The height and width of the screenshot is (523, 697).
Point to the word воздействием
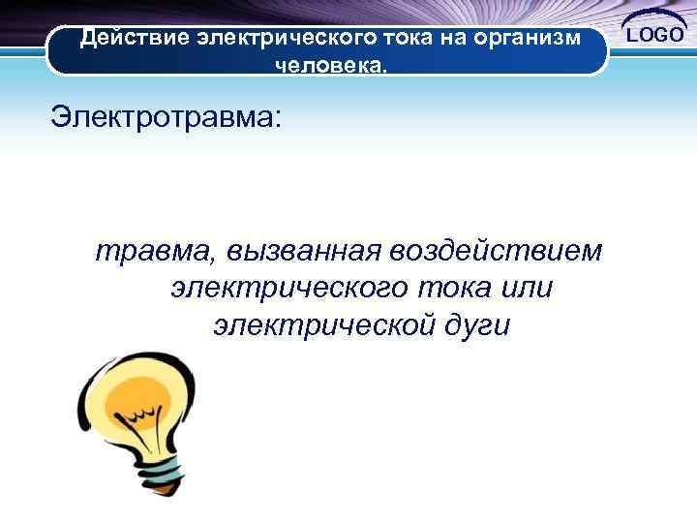coord(495,251)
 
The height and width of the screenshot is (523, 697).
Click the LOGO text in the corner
coord(657,35)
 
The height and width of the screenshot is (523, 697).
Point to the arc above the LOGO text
coord(657,15)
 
